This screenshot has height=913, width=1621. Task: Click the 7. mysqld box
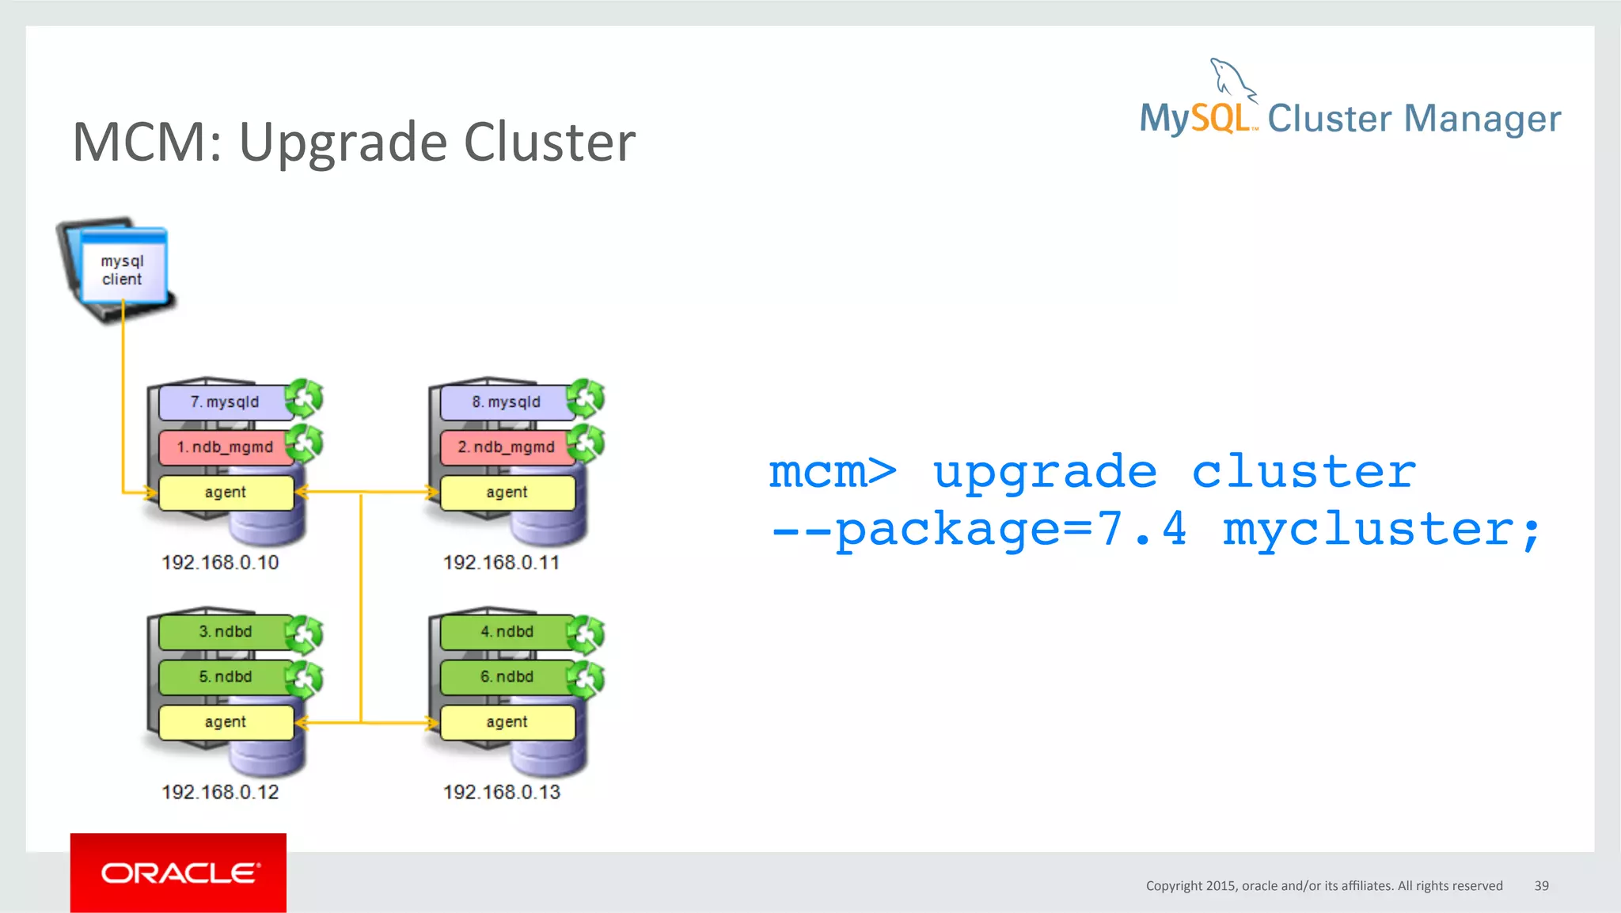225,402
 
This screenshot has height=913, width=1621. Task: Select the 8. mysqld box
506,402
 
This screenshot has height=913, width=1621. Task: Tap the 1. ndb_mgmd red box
225,447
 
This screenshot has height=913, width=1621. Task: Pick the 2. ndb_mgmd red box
506,447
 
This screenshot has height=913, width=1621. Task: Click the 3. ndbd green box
225,632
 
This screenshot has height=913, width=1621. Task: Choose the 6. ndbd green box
506,677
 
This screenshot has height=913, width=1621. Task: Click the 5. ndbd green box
225,677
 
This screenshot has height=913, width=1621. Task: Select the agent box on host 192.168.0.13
507,722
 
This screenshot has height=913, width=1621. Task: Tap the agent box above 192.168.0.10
226,493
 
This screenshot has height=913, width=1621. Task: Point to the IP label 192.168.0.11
501,563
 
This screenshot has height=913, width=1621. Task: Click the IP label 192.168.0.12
220,793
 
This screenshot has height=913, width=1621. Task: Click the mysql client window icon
123,270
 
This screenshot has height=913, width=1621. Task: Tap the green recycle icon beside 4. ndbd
587,633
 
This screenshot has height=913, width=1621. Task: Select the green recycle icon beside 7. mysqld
305,398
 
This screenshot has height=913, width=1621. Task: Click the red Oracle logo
178,873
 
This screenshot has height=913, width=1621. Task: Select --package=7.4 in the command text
978,530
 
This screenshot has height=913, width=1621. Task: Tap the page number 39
1541,886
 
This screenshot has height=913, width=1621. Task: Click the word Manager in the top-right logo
1482,120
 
